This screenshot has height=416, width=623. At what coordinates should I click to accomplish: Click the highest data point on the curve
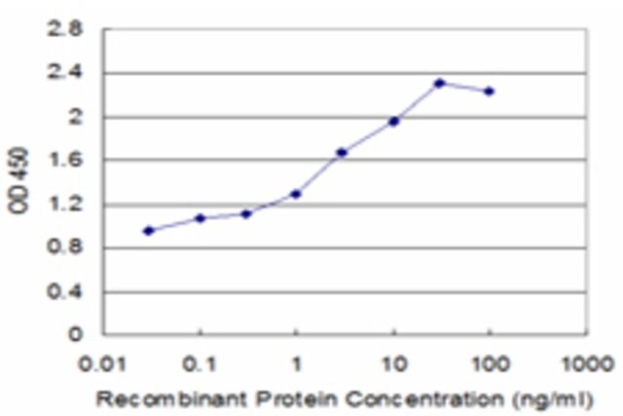[x=439, y=83]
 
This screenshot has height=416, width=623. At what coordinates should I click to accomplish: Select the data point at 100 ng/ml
[x=489, y=91]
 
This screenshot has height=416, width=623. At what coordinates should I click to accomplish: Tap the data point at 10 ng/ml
[x=393, y=122]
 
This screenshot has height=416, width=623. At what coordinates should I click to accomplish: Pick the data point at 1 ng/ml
[x=296, y=194]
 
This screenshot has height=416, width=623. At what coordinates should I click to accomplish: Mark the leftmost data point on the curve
[x=149, y=231]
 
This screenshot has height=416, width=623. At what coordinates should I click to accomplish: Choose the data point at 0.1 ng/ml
[x=201, y=218]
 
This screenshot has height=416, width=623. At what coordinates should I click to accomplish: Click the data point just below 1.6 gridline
[x=342, y=152]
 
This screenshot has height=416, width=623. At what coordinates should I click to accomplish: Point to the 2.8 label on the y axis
[x=65, y=29]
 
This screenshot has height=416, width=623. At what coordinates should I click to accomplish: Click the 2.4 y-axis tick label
[x=65, y=73]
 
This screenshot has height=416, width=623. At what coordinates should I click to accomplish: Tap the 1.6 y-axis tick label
[x=65, y=160]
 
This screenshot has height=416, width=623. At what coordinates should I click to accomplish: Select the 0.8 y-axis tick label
[x=65, y=247]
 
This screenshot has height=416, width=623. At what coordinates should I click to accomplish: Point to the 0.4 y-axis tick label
[x=65, y=292]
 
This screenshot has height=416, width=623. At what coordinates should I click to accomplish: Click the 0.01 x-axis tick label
[x=103, y=364]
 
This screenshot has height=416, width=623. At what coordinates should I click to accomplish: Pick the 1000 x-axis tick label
[x=586, y=364]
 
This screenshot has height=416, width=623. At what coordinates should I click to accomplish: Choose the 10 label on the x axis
[x=394, y=364]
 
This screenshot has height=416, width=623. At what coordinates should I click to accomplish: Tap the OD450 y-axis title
[x=18, y=180]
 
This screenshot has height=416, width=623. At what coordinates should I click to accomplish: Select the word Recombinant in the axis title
[x=171, y=398]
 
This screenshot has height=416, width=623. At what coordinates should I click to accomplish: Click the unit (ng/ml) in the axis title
[x=553, y=399]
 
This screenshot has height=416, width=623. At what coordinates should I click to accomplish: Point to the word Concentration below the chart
[x=424, y=398]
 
